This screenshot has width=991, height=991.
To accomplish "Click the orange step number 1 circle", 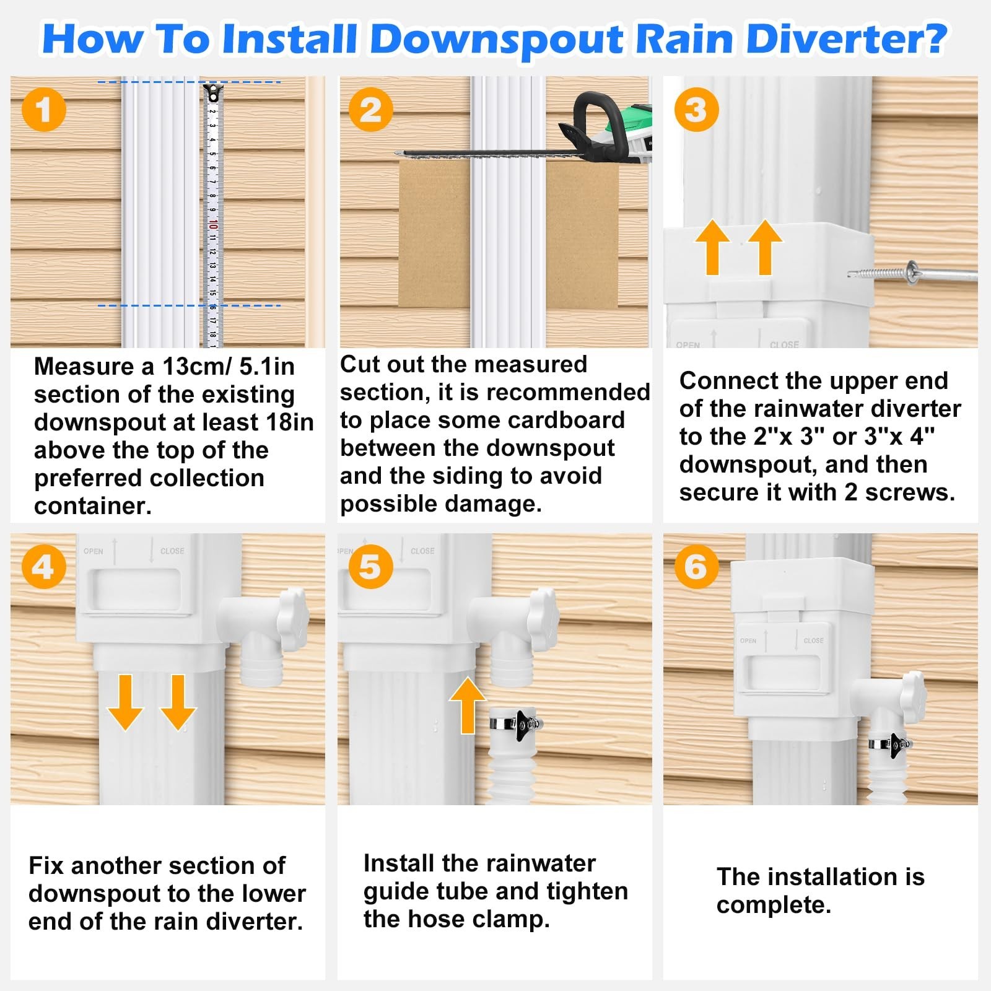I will [x=43, y=110].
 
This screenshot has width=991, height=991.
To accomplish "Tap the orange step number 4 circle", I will [x=43, y=567].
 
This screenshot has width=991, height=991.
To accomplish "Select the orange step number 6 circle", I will [x=696, y=567].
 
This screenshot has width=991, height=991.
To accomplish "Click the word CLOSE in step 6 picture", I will [x=813, y=640].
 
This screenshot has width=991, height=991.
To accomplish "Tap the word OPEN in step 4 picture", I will [x=94, y=551].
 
